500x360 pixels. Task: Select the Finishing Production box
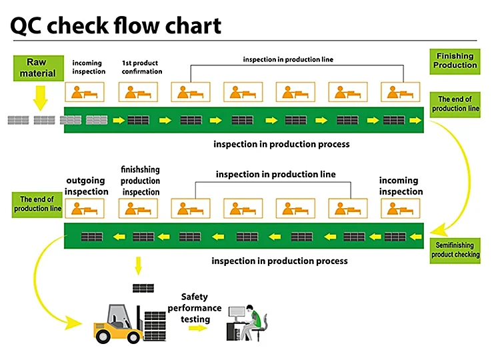tap(455, 61)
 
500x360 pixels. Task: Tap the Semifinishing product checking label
tap(455, 250)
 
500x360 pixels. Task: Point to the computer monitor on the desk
tap(237, 314)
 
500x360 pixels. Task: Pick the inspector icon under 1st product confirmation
tap(137, 92)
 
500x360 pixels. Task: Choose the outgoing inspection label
tap(86, 186)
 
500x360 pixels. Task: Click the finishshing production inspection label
tap(140, 181)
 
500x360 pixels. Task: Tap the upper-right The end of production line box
tap(455, 104)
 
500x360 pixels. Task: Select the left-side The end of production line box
tap(37, 204)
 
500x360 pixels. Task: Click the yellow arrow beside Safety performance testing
tap(195, 329)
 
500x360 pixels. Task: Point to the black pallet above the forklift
tap(142, 288)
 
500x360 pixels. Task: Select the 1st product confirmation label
tap(141, 67)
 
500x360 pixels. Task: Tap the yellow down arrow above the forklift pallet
tap(139, 266)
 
